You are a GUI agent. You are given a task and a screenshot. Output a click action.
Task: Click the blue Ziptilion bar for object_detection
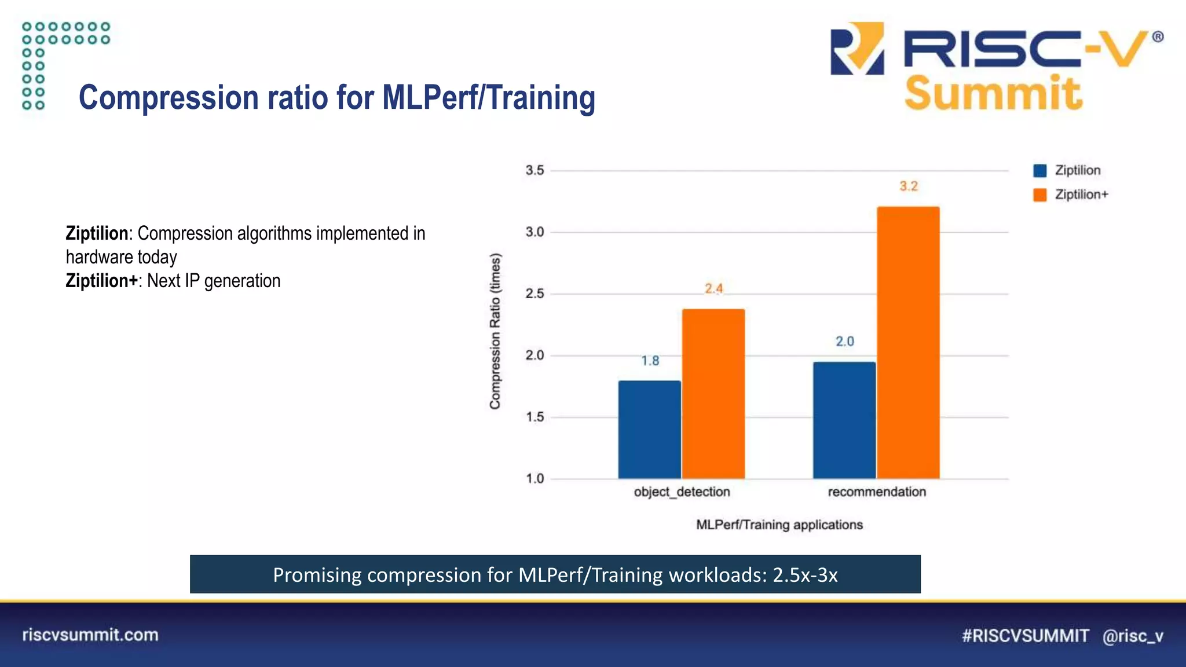[649, 429]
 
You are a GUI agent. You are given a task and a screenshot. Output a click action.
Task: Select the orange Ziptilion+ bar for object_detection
[713, 394]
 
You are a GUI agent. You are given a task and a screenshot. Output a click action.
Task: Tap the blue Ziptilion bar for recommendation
[844, 420]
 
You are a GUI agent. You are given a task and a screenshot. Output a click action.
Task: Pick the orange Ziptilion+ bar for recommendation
[908, 342]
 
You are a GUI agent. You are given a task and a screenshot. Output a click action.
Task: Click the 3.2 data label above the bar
[909, 186]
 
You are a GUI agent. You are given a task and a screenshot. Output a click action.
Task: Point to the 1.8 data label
[650, 361]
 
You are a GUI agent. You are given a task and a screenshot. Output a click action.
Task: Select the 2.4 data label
[713, 288]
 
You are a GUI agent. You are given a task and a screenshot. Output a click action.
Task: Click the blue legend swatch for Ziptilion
[1040, 171]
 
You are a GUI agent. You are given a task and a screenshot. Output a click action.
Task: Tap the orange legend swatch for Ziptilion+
[1040, 195]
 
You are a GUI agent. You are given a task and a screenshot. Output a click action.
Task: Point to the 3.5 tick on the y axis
[535, 170]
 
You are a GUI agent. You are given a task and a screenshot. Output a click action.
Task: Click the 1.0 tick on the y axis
[535, 478]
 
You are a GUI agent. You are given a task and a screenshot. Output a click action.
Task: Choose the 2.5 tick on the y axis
[535, 294]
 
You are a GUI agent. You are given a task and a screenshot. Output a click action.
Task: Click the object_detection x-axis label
[682, 492]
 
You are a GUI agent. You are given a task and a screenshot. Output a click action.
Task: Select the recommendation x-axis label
[877, 492]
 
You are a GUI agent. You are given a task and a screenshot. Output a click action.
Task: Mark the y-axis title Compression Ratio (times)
[495, 331]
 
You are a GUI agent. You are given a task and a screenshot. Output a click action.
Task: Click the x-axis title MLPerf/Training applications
[779, 525]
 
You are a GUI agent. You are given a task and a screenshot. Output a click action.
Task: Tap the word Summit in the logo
[993, 94]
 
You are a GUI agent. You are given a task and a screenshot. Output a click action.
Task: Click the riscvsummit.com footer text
[90, 635]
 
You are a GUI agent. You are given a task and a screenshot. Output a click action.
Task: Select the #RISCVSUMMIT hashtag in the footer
[1025, 636]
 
